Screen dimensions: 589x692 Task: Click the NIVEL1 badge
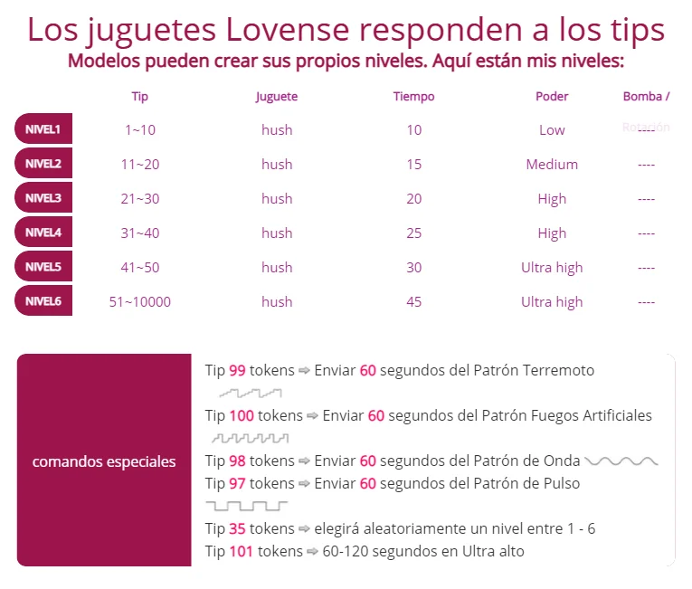(x=43, y=129)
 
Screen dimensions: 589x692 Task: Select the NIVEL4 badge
(x=43, y=233)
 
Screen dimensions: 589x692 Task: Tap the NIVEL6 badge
(x=43, y=301)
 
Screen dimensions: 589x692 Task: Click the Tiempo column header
(x=413, y=97)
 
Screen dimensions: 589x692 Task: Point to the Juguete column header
(x=277, y=97)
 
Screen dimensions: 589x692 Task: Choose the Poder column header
(x=552, y=97)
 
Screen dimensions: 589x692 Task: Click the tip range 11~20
(x=140, y=164)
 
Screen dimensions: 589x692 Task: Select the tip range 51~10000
(x=140, y=301)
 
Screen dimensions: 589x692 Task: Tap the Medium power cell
(x=552, y=164)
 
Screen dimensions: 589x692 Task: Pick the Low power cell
(x=552, y=129)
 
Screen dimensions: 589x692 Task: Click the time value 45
(x=414, y=301)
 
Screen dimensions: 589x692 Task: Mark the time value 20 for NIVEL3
(x=414, y=198)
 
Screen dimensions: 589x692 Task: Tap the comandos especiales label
(x=104, y=461)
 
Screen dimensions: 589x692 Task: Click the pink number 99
(x=238, y=370)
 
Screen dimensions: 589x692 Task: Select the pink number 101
(x=242, y=551)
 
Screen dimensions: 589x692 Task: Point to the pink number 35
(x=238, y=528)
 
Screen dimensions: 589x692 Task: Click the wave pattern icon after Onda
(x=621, y=461)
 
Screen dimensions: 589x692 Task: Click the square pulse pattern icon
(x=247, y=506)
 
